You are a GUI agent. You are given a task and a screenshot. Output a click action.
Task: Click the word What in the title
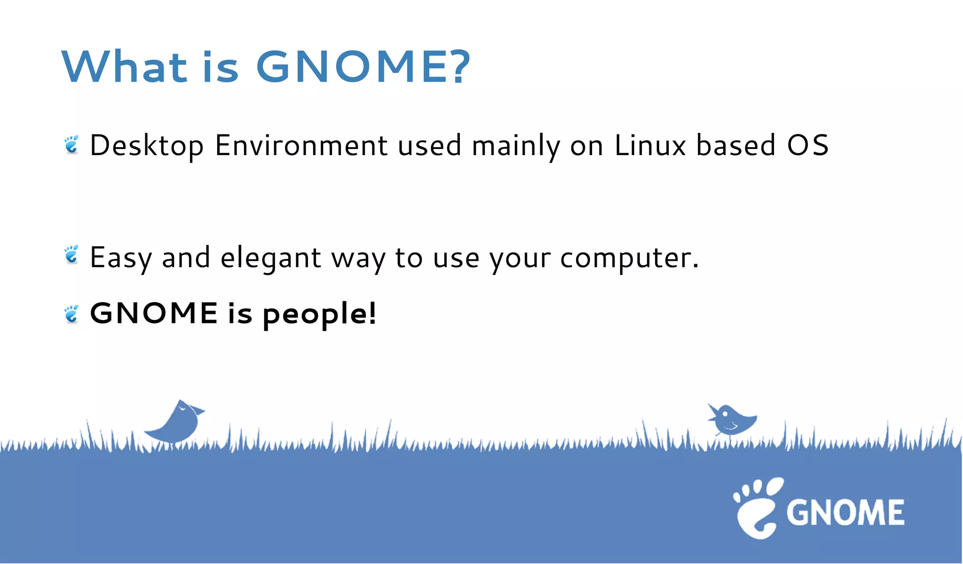(x=125, y=67)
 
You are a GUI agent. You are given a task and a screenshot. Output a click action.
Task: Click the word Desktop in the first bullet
(x=146, y=146)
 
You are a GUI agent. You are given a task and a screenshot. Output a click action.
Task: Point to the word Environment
(x=301, y=146)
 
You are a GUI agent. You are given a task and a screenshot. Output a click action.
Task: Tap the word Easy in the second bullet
(x=121, y=258)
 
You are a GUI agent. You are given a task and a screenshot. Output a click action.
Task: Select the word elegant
(x=271, y=258)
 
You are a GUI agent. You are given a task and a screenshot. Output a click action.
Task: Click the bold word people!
(x=320, y=314)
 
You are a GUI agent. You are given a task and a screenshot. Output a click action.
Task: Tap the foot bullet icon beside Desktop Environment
(x=71, y=144)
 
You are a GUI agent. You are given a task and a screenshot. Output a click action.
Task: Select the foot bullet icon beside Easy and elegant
(x=71, y=254)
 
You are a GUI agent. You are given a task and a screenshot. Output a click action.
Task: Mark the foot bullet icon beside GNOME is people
(x=71, y=314)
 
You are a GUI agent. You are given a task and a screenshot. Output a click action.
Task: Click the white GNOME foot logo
(x=757, y=508)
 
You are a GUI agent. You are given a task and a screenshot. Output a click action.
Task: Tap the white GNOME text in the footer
(x=845, y=512)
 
